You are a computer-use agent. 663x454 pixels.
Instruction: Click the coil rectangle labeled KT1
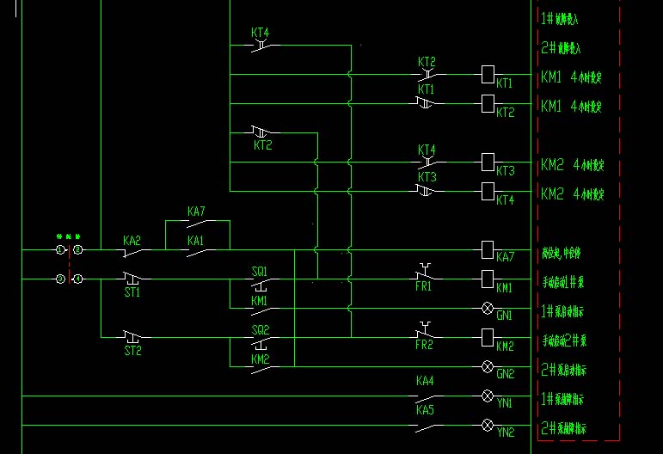point(488,75)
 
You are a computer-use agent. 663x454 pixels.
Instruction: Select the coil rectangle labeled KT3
point(488,162)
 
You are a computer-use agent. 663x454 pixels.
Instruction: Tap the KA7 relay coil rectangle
point(488,249)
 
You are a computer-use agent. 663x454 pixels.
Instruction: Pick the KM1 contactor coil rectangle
point(488,279)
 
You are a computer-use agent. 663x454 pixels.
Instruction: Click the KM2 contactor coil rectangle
point(488,337)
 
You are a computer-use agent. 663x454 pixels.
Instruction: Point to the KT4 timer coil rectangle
point(488,191)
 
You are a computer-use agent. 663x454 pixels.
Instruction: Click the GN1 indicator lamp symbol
point(488,308)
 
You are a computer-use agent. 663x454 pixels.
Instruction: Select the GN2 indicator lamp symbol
point(488,366)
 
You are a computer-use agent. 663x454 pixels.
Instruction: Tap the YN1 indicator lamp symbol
point(488,396)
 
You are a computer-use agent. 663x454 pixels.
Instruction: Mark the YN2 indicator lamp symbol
point(488,426)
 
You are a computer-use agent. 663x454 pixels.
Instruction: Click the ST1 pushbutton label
point(132,292)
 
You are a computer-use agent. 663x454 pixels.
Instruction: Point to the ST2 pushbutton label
point(132,351)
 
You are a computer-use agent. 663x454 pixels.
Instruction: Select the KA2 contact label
point(132,242)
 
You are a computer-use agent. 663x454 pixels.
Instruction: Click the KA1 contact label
point(196,242)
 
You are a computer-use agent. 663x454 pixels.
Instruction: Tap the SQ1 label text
point(260,271)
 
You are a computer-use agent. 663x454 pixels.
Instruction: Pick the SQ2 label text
point(260,329)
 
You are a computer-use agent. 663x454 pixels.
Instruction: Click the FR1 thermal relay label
point(424,287)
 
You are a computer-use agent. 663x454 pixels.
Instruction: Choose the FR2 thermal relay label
point(424,346)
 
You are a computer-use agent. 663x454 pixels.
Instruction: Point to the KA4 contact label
point(425,380)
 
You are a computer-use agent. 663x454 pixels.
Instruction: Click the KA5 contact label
point(425,410)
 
